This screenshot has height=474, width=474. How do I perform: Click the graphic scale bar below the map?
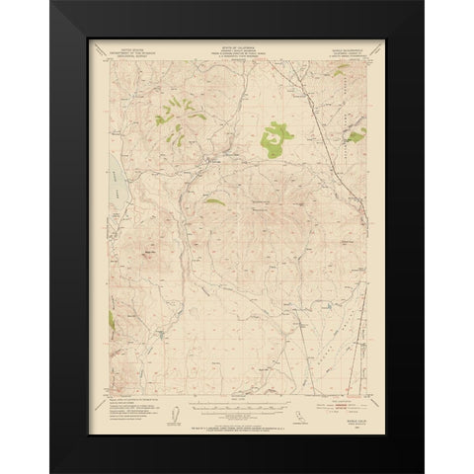coord(237,404)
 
